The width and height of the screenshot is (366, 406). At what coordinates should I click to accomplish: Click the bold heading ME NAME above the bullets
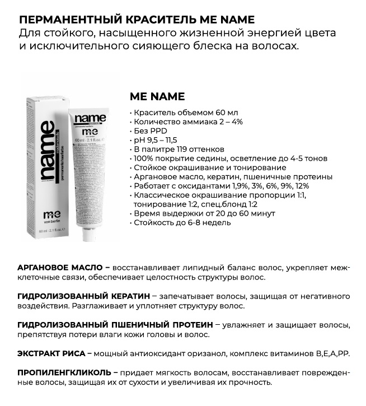click(x=157, y=96)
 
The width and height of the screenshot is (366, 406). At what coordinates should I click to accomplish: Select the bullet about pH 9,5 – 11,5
click(x=159, y=140)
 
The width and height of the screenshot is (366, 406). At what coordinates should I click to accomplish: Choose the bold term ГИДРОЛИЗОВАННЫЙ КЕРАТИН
click(x=84, y=296)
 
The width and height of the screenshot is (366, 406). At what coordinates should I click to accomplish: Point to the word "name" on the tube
click(x=90, y=119)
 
